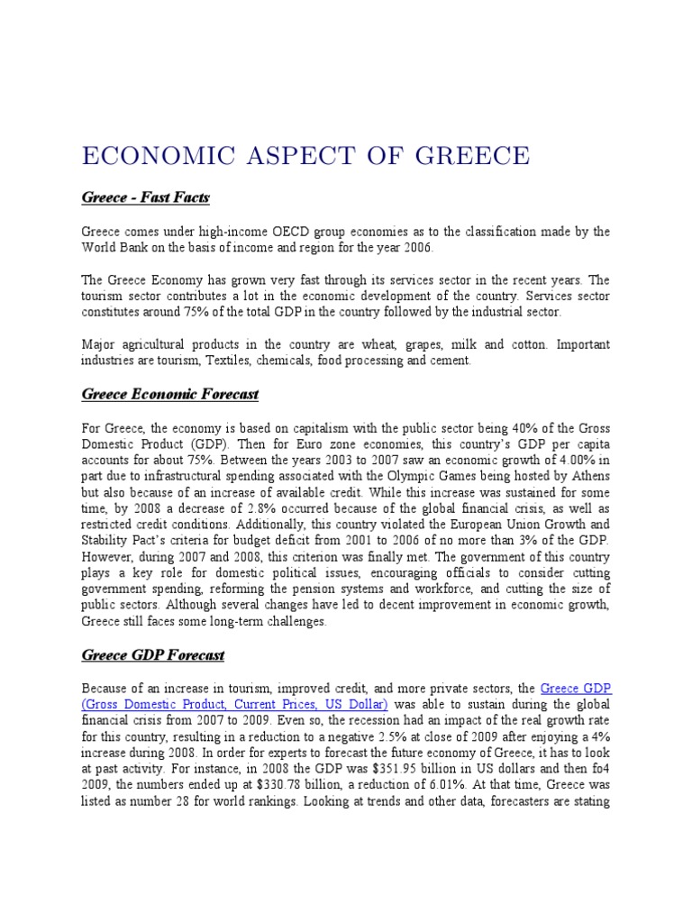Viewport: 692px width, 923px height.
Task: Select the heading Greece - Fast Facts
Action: pos(146,196)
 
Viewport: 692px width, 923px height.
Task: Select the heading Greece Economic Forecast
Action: pos(170,394)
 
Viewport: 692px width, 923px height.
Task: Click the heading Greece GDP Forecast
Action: pos(153,654)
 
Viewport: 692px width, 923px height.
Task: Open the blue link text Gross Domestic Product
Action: pos(159,704)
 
